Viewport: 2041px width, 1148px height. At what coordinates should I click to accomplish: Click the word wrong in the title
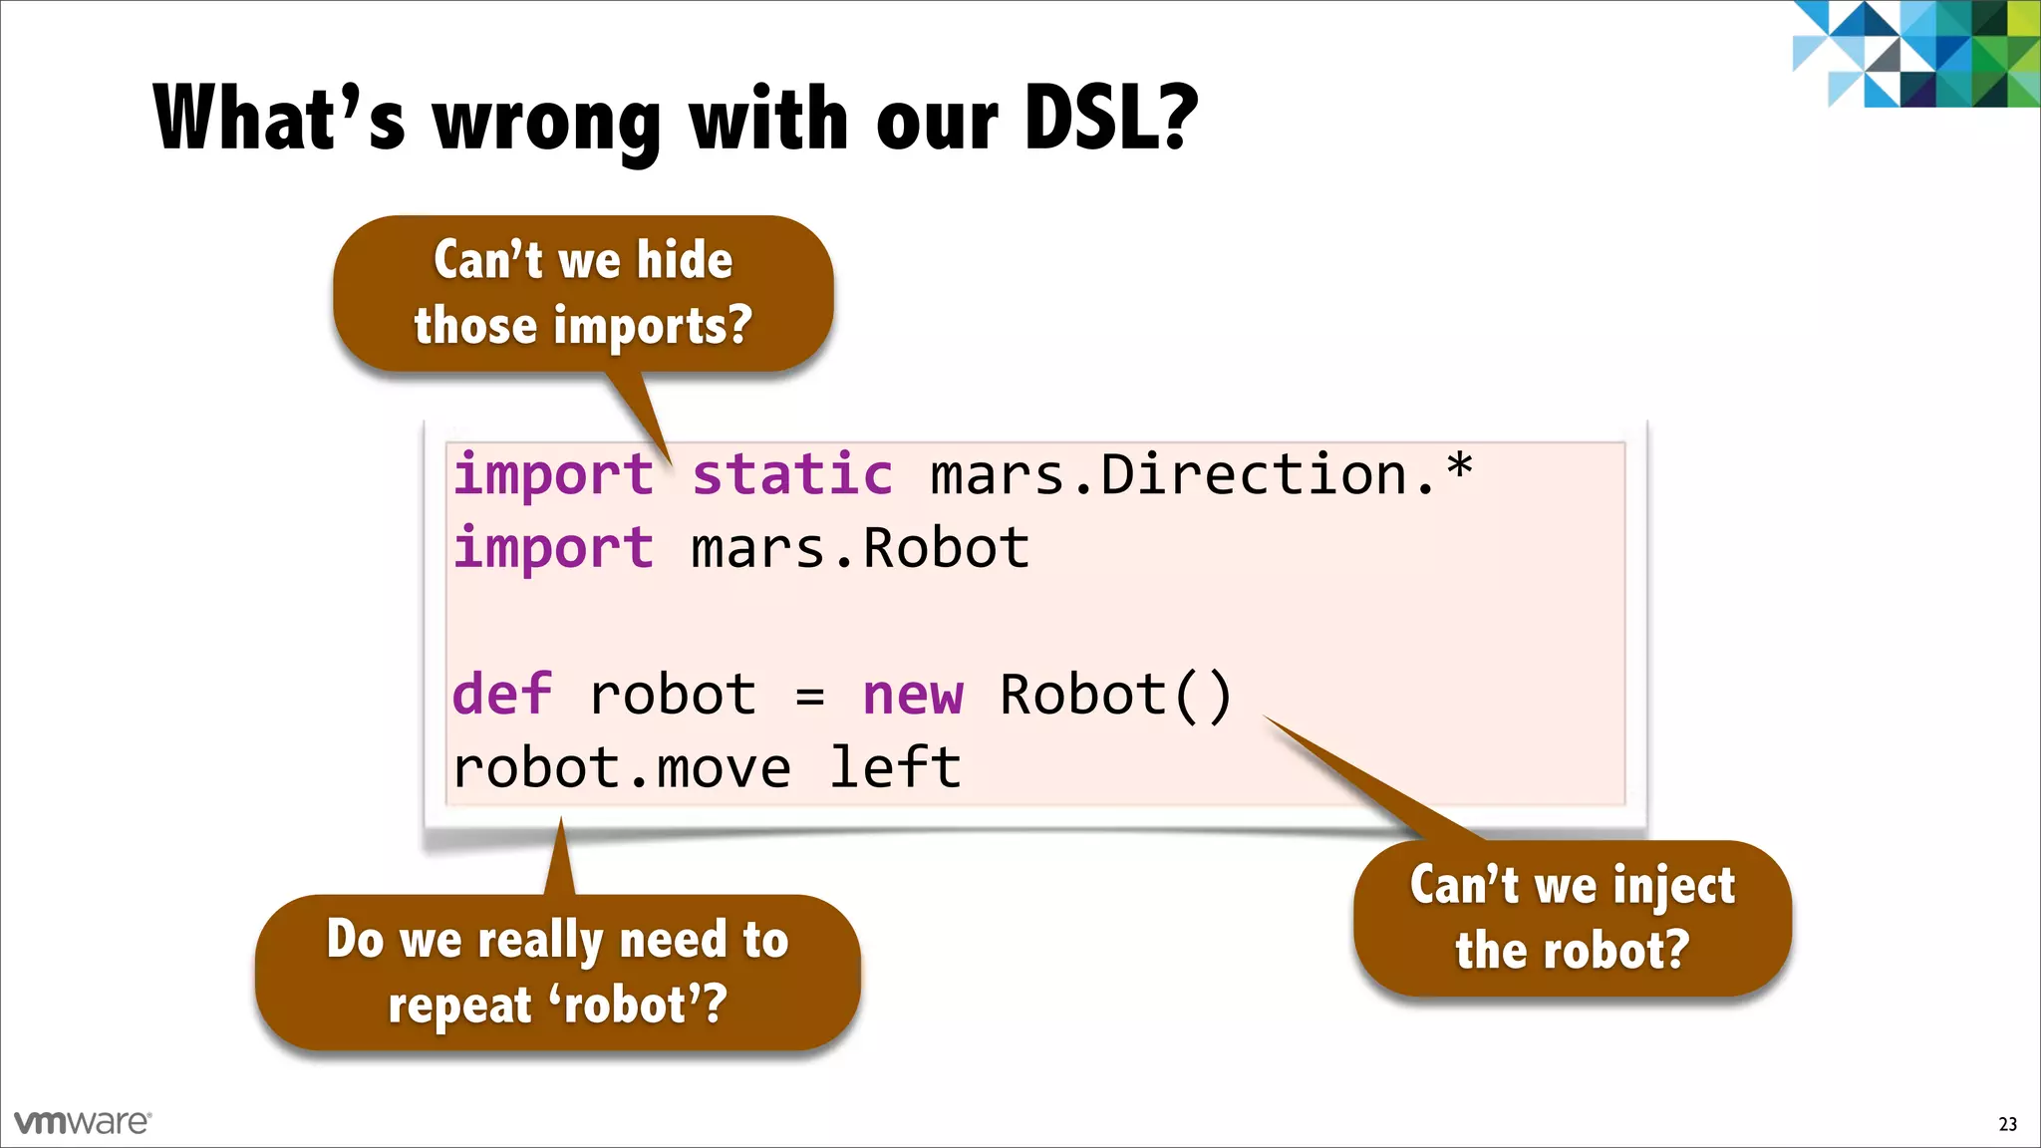point(545,122)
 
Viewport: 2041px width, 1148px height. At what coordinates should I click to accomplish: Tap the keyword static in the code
point(792,474)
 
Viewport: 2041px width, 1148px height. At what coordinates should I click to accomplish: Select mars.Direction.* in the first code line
point(1200,474)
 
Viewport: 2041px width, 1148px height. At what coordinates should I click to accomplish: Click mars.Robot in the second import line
point(860,549)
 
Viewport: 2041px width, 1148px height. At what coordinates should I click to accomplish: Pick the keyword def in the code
point(501,695)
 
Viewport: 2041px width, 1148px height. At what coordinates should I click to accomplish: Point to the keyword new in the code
point(913,696)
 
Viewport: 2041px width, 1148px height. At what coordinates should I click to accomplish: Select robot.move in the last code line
point(622,768)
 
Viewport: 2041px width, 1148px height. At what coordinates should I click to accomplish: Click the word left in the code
point(895,768)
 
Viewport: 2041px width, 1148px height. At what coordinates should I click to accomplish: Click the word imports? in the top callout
point(652,327)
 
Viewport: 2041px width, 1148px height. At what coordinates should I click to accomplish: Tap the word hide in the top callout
point(685,261)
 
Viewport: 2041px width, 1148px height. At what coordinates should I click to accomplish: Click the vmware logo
point(83,1122)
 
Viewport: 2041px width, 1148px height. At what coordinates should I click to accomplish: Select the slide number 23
point(2007,1124)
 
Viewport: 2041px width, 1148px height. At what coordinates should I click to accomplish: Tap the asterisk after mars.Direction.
point(1459,464)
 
